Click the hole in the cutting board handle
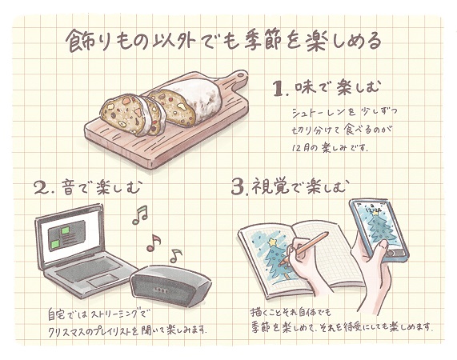[x=241, y=75]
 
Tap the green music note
[x=141, y=214]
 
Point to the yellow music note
[x=175, y=255]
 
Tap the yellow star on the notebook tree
[x=273, y=242]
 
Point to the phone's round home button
[x=391, y=253]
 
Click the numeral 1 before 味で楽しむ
[x=279, y=89]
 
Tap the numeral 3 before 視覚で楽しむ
[x=238, y=187]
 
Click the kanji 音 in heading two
[x=69, y=187]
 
